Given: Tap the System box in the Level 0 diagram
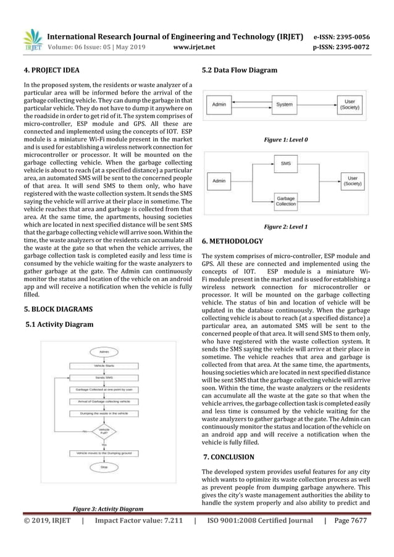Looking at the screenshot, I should (x=283, y=105).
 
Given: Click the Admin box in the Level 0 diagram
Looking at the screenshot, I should (x=220, y=105).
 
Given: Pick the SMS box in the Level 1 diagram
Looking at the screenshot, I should (x=286, y=164).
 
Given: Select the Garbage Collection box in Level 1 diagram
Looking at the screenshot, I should (x=286, y=201).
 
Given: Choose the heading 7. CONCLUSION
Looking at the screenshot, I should (x=228, y=458).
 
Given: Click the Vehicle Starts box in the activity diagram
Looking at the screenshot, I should (x=104, y=365).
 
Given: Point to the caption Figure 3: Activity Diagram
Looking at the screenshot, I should (x=108, y=509).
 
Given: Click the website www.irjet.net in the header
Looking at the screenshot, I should (x=196, y=45).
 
